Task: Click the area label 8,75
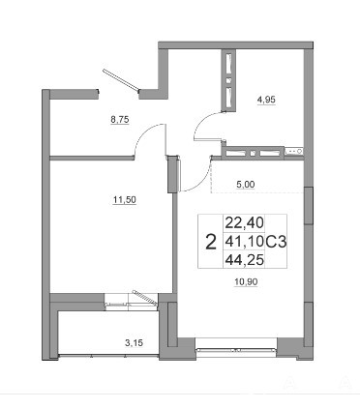point(120,120)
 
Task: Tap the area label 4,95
point(266,100)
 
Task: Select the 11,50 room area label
point(125,200)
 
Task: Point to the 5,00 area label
point(246,185)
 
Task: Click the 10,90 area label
point(246,282)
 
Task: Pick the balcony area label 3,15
point(134,343)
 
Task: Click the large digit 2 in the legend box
point(211,242)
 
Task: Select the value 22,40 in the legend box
point(245,222)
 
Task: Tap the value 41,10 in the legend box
point(245,242)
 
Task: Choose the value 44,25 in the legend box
point(245,259)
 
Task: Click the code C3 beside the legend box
point(276,242)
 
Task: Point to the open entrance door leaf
point(121,79)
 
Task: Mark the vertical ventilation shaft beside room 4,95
point(228,80)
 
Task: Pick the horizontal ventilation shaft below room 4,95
point(253,153)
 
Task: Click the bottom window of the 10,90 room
point(236,349)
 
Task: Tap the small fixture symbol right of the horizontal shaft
point(294,151)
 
